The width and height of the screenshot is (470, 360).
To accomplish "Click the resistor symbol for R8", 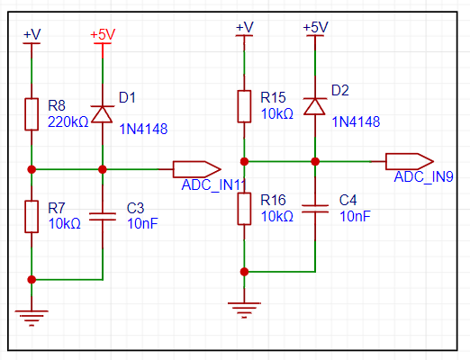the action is click(32, 114).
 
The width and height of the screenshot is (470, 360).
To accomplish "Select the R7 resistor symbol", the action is click(32, 217).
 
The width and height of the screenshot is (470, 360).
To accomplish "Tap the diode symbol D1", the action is click(102, 114).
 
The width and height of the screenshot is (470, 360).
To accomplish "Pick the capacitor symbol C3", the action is click(103, 217).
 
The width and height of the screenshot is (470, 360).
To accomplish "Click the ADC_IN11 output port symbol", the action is click(197, 169).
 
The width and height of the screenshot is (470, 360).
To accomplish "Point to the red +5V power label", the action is click(103, 34).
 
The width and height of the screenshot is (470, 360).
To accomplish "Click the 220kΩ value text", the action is click(68, 122).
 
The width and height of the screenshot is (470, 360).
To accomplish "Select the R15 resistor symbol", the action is click(244, 106).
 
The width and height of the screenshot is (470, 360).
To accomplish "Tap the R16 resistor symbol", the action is click(244, 209).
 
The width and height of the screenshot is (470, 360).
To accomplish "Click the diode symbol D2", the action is click(315, 106).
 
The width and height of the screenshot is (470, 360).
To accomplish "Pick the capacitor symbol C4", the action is click(315, 209).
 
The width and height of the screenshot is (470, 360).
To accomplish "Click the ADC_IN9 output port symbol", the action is click(410, 161).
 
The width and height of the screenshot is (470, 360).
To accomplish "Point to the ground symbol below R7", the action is click(32, 318).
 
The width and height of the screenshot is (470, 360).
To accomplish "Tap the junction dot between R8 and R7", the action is click(32, 169).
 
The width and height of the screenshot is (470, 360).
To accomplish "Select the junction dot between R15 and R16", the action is click(244, 161).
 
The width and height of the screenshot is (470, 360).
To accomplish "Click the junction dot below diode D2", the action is click(315, 161).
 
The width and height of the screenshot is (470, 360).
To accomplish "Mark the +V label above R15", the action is click(245, 27).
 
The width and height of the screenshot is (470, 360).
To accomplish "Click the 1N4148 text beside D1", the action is click(143, 130).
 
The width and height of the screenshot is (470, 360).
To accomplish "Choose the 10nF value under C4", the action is click(355, 216).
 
